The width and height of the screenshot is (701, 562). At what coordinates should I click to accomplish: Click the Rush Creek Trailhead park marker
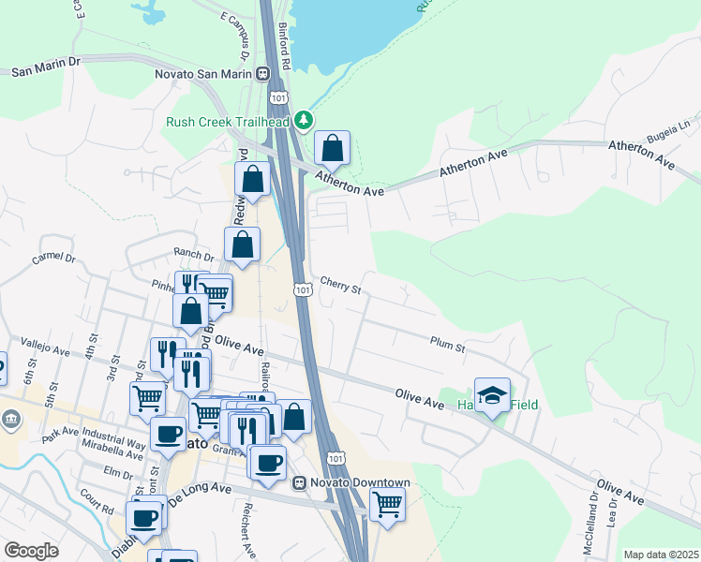coord(303,121)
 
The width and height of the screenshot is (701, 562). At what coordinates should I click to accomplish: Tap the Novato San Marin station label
coord(204,73)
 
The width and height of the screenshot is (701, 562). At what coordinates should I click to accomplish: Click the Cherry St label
coord(340,284)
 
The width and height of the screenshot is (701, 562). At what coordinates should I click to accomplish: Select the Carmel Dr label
coord(52,257)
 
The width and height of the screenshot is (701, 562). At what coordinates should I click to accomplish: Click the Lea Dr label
coord(612,530)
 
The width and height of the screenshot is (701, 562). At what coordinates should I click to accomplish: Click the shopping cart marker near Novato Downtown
coord(387,504)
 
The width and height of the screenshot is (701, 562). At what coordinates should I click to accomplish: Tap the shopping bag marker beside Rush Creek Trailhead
coord(332,147)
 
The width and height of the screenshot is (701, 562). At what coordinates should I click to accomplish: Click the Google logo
coord(31,551)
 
